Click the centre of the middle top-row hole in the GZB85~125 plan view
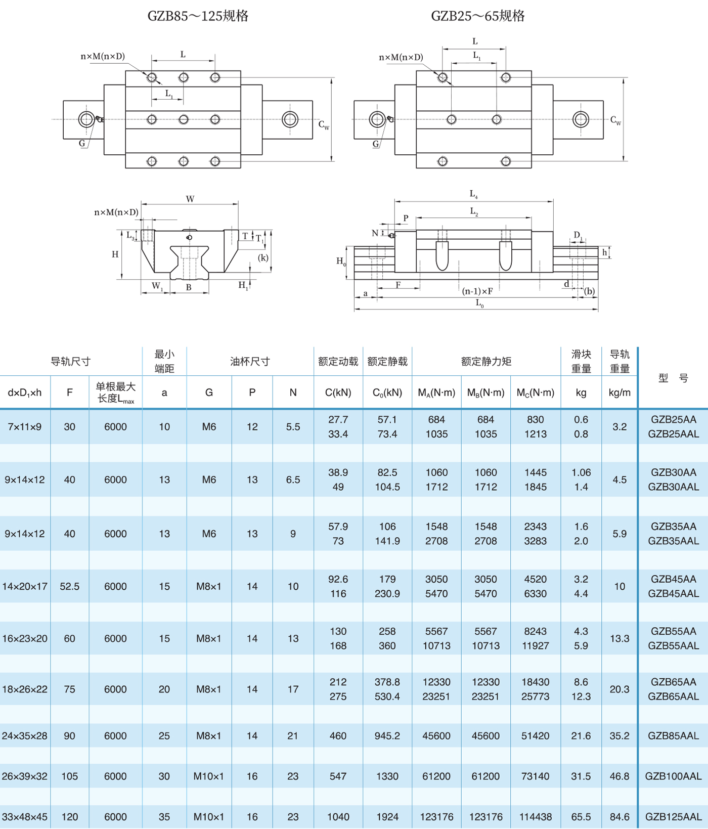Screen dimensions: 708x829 184,77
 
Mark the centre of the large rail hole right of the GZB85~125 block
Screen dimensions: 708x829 290,119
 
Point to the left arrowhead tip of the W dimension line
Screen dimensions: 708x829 141,204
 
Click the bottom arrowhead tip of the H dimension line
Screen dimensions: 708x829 122,279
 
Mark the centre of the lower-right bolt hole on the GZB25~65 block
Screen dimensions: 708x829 506,161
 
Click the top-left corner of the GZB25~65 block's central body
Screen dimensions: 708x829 417,71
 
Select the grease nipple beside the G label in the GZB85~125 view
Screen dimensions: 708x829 100,119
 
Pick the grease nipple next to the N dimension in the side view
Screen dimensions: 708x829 391,235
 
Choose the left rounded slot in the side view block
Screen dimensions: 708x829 442,256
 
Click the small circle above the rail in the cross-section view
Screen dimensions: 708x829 189,237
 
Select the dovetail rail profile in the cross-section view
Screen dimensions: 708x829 189,263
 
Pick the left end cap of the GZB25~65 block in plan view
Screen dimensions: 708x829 406,119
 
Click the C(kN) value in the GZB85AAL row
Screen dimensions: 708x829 338,736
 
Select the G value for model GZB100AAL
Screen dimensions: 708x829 209,776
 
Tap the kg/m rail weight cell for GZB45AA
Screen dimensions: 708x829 620,587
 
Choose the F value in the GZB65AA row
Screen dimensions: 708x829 70,689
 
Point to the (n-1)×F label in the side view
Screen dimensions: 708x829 477,291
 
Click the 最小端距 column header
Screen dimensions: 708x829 164,362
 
